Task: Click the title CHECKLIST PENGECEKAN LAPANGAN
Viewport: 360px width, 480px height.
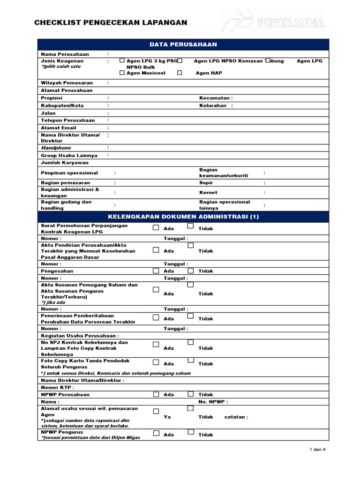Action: click(x=111, y=22)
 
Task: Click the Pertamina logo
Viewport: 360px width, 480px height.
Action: click(x=273, y=22)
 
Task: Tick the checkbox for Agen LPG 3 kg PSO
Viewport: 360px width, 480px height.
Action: click(x=122, y=60)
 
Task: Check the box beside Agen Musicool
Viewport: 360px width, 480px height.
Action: click(x=122, y=73)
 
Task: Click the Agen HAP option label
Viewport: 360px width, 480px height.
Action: click(x=209, y=73)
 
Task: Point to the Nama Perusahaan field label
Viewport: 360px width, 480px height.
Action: click(x=65, y=54)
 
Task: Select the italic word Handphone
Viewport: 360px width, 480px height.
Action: click(x=56, y=148)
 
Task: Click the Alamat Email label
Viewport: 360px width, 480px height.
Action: click(x=59, y=127)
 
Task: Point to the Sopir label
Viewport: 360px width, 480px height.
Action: click(x=206, y=183)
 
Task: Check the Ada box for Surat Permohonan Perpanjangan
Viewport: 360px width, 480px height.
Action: click(x=156, y=228)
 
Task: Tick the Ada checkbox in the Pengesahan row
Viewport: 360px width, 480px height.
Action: click(x=156, y=271)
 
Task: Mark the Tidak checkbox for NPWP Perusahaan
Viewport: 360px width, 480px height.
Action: click(x=190, y=395)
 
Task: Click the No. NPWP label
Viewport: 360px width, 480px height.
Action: click(x=209, y=402)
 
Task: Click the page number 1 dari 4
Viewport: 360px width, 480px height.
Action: click(x=317, y=450)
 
